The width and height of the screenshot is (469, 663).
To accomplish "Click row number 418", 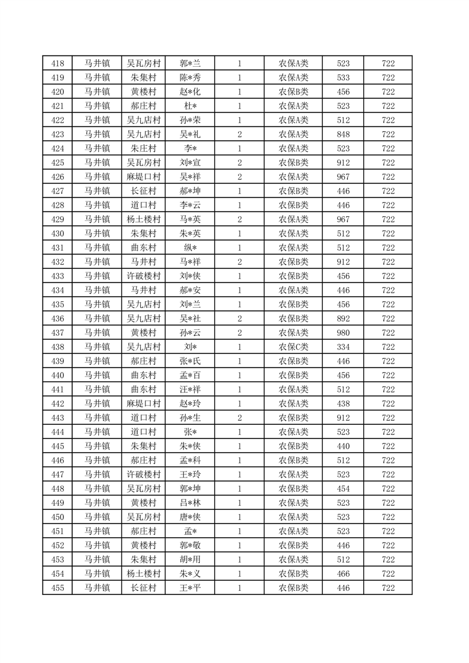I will [x=58, y=63].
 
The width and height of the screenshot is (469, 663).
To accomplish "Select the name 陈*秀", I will [x=190, y=77].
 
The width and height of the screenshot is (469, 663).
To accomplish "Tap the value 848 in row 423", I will [x=343, y=134].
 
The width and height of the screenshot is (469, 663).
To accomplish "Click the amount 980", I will [x=343, y=333].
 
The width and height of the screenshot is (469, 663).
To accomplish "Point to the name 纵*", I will [x=190, y=248].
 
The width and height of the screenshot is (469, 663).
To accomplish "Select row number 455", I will [x=58, y=588].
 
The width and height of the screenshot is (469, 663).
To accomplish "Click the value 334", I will [x=343, y=347].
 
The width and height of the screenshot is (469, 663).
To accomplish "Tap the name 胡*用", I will [x=190, y=560].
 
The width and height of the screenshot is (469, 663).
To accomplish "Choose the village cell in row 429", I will [x=144, y=219].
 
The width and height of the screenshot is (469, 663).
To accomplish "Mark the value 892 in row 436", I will [x=343, y=318].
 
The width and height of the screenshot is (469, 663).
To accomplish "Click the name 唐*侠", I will [x=190, y=517].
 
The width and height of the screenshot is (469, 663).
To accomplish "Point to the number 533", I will [x=343, y=77].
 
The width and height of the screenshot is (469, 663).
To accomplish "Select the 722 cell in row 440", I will [x=388, y=375].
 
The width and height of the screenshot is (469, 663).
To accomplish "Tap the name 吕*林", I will [x=190, y=503].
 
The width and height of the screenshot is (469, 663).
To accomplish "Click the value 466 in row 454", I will [x=343, y=574].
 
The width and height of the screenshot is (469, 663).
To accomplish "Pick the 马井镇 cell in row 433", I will [x=97, y=276].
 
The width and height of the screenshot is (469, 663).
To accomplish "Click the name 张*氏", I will [x=190, y=361].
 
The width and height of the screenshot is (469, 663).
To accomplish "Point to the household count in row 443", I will [x=239, y=418].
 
